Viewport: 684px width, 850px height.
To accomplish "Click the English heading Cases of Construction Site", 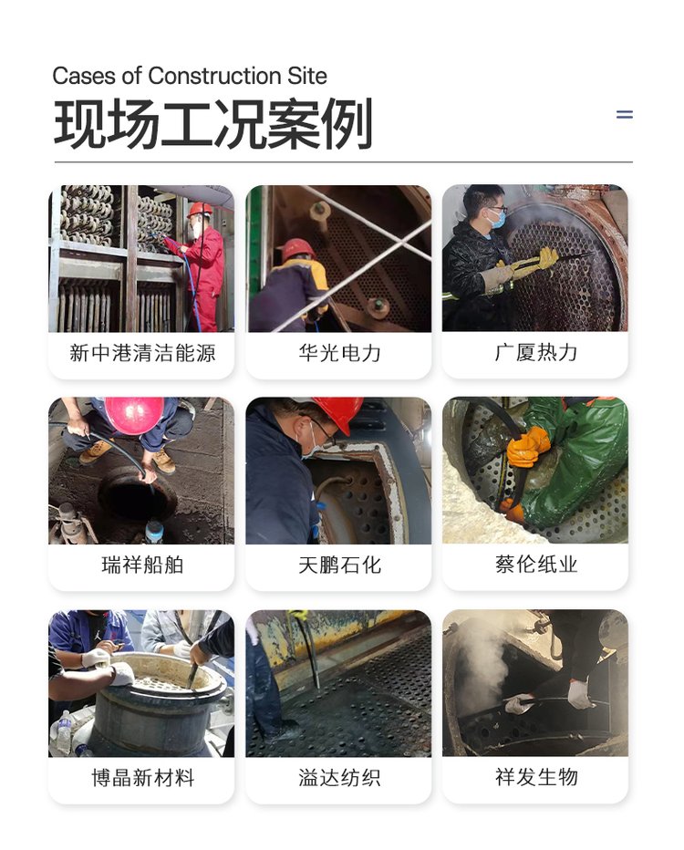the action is (x=190, y=76).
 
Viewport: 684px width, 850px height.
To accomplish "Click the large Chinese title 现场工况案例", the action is (x=213, y=124).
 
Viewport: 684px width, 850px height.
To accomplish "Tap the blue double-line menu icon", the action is (x=625, y=114).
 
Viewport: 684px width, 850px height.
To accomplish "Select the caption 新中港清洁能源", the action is (x=142, y=354).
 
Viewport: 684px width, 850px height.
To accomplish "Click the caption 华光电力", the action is (x=339, y=354).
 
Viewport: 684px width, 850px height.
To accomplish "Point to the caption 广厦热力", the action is (x=535, y=353).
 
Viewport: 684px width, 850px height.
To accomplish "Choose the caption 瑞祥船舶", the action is (x=142, y=565).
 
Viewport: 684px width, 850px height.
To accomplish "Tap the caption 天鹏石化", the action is (x=339, y=565).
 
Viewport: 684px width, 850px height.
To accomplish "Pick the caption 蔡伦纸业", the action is (x=535, y=565).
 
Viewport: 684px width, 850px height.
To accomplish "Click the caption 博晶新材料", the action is (x=142, y=778).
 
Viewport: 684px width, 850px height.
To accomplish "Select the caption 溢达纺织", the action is (x=339, y=778).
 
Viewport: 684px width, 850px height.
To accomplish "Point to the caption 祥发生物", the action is (x=535, y=777).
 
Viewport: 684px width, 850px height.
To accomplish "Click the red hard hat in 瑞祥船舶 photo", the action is (x=134, y=415).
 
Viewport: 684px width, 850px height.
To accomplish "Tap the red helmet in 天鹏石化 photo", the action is (x=338, y=413).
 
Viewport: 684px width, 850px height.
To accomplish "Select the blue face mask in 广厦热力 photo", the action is (x=496, y=219).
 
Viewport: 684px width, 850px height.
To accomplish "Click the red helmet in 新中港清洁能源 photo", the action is (x=200, y=210).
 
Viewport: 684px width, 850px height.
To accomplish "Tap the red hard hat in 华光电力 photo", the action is (x=297, y=248).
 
